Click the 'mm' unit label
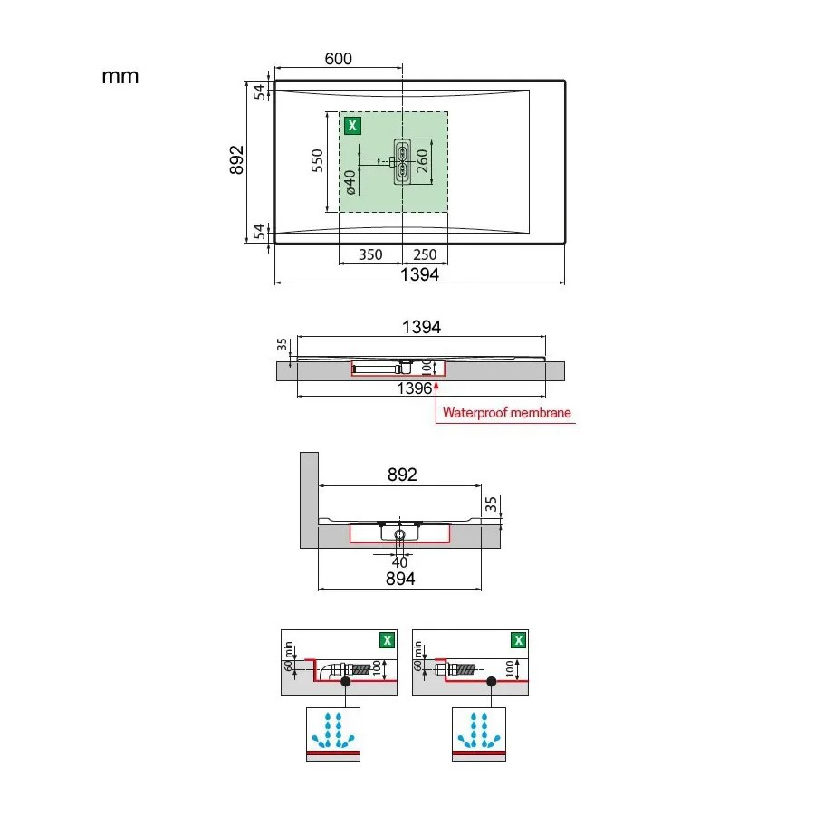pyautogui.click(x=120, y=77)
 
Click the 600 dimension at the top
pyautogui.click(x=339, y=59)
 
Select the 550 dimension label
pyautogui.click(x=317, y=160)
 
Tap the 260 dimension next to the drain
pyautogui.click(x=421, y=161)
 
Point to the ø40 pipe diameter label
pyautogui.click(x=350, y=182)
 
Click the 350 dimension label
pyautogui.click(x=370, y=254)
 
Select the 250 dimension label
pyautogui.click(x=425, y=254)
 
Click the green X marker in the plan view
pyautogui.click(x=352, y=125)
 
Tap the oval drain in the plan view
pyautogui.click(x=402, y=161)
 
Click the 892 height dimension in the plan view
pyautogui.click(x=236, y=160)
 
